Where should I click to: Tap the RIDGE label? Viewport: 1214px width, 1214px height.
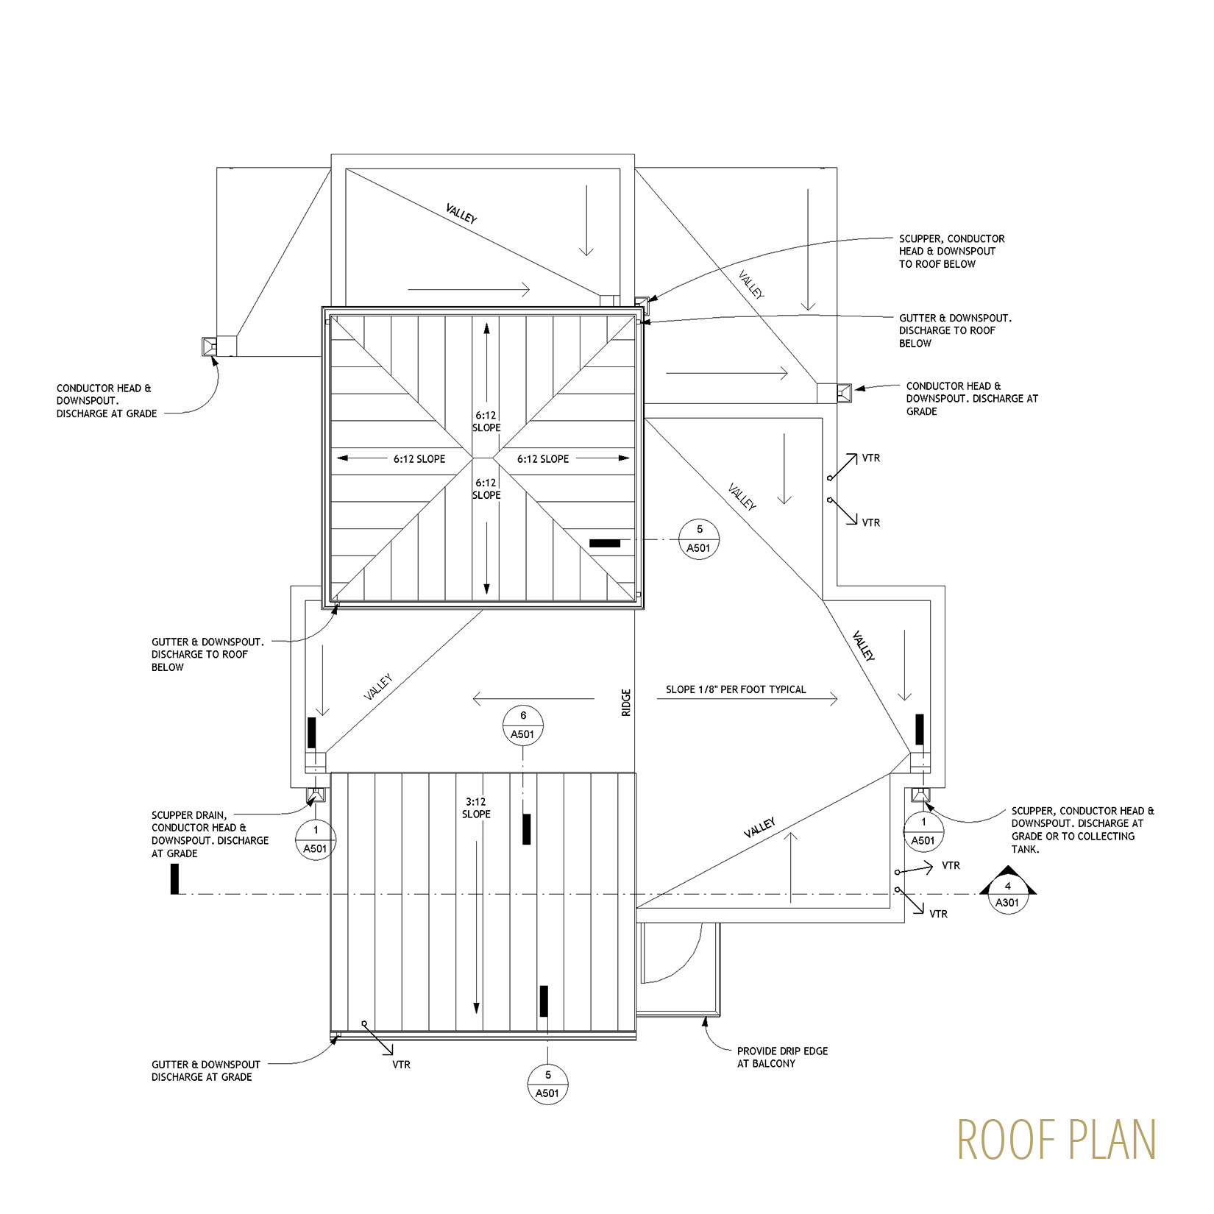tap(626, 703)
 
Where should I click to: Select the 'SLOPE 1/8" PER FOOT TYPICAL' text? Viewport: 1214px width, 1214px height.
tap(736, 689)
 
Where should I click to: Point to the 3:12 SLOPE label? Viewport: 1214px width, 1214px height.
tap(476, 808)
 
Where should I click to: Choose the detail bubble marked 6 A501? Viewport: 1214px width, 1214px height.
tap(523, 725)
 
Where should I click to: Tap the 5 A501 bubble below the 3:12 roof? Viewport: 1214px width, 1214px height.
tap(548, 1084)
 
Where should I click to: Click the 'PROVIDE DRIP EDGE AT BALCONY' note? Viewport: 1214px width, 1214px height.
tap(782, 1057)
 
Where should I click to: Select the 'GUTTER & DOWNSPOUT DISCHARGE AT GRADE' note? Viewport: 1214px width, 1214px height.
tap(206, 1071)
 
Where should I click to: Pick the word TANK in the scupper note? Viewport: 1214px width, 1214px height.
tap(1025, 849)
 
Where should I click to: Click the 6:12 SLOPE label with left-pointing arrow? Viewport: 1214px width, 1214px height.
tap(419, 459)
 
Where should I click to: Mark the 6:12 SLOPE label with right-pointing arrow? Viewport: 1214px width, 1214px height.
tap(543, 459)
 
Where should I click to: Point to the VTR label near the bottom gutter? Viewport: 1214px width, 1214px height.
tap(401, 1064)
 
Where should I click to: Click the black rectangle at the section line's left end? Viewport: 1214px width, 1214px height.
tap(174, 879)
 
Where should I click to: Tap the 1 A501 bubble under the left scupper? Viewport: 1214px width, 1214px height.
tap(316, 839)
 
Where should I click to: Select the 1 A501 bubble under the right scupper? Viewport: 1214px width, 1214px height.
tap(923, 831)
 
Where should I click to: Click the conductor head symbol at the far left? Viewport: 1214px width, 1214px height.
tap(209, 347)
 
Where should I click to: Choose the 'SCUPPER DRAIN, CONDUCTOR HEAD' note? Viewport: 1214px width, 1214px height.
tap(210, 834)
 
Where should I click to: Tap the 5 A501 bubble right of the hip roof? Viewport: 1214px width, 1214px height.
tap(700, 539)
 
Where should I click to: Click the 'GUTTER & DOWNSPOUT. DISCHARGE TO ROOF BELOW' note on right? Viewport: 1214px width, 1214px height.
tap(955, 330)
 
